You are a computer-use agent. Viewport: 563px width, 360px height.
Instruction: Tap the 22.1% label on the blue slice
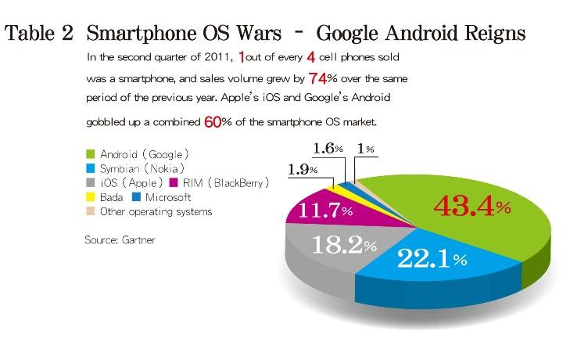[432, 257]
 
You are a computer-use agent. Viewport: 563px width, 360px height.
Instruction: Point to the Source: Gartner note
[120, 240]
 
